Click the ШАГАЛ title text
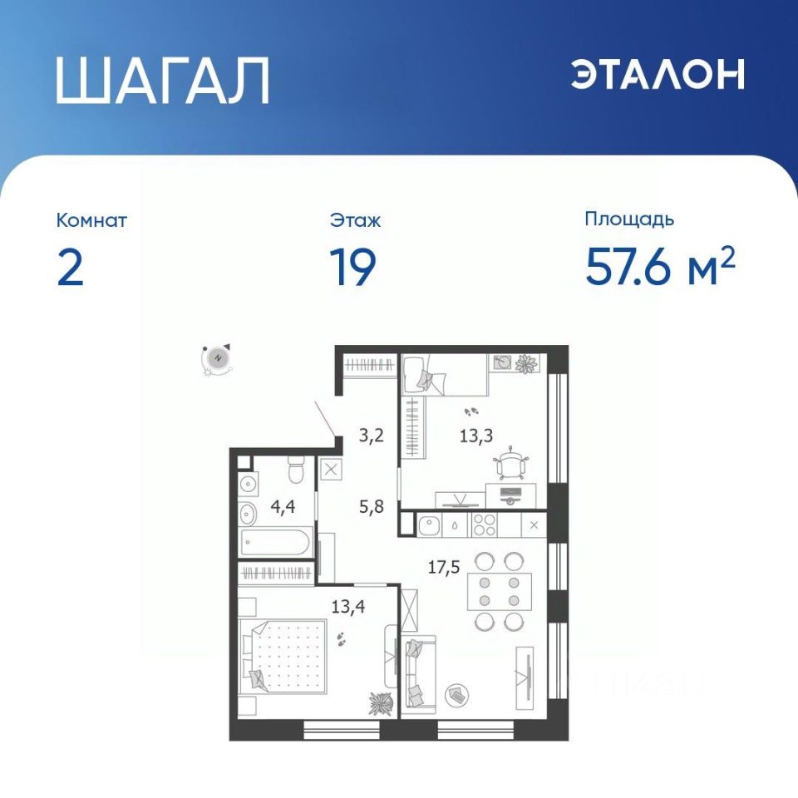click(162, 81)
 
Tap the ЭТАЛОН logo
click(657, 74)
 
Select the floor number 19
click(352, 267)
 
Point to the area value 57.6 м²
click(660, 265)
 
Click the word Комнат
click(91, 220)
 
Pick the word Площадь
click(629, 219)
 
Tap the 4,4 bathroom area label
click(283, 507)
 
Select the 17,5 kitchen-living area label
click(444, 567)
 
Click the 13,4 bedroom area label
click(348, 607)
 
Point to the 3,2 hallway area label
click(371, 436)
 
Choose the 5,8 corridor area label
click(372, 507)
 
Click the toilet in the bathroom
click(296, 469)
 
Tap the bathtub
click(275, 543)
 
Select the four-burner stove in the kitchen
click(485, 525)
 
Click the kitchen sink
click(429, 525)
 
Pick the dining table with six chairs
click(500, 591)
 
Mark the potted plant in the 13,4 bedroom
click(381, 703)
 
